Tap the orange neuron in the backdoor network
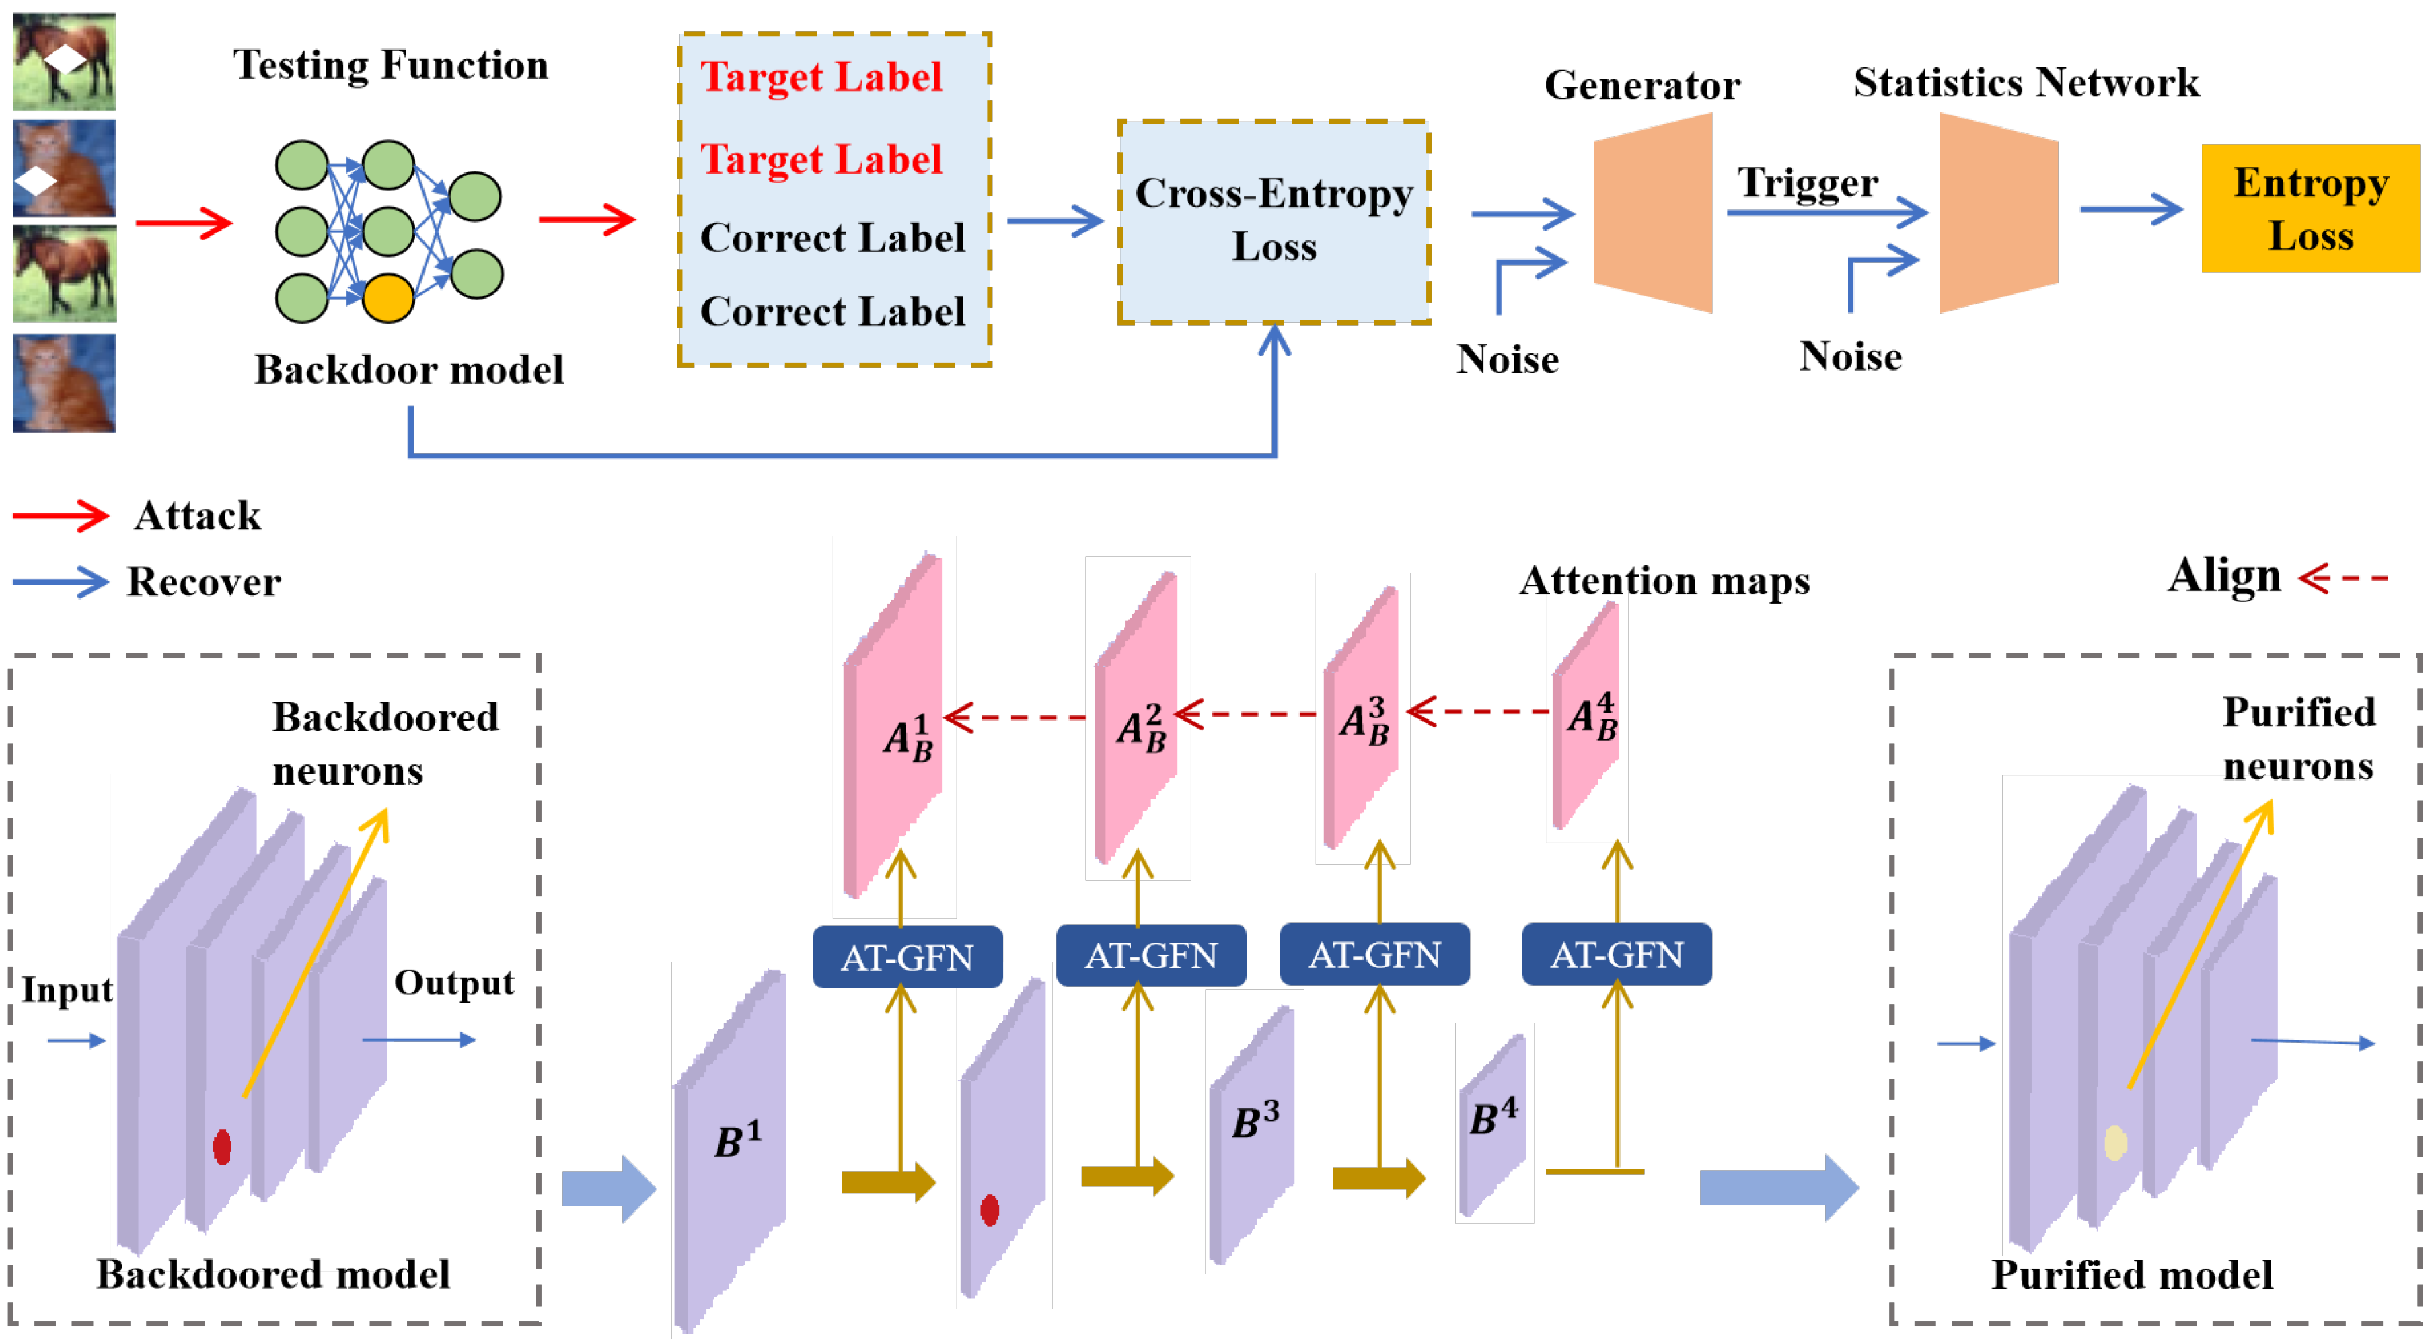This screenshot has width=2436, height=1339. coord(387,298)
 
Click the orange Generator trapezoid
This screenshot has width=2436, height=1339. coord(1652,213)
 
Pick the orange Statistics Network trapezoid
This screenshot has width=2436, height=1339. coord(1997,213)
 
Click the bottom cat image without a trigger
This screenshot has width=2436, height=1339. coord(65,383)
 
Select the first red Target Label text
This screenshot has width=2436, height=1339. coord(821,77)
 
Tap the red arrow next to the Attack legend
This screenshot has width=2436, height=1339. coord(61,515)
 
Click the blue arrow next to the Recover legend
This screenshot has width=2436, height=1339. coord(61,581)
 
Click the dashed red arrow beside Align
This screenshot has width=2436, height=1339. coord(2342,577)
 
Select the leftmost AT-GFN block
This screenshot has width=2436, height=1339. coord(906,957)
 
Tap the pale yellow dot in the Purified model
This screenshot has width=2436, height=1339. coord(2115,1143)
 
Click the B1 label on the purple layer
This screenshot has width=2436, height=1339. coord(737,1138)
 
